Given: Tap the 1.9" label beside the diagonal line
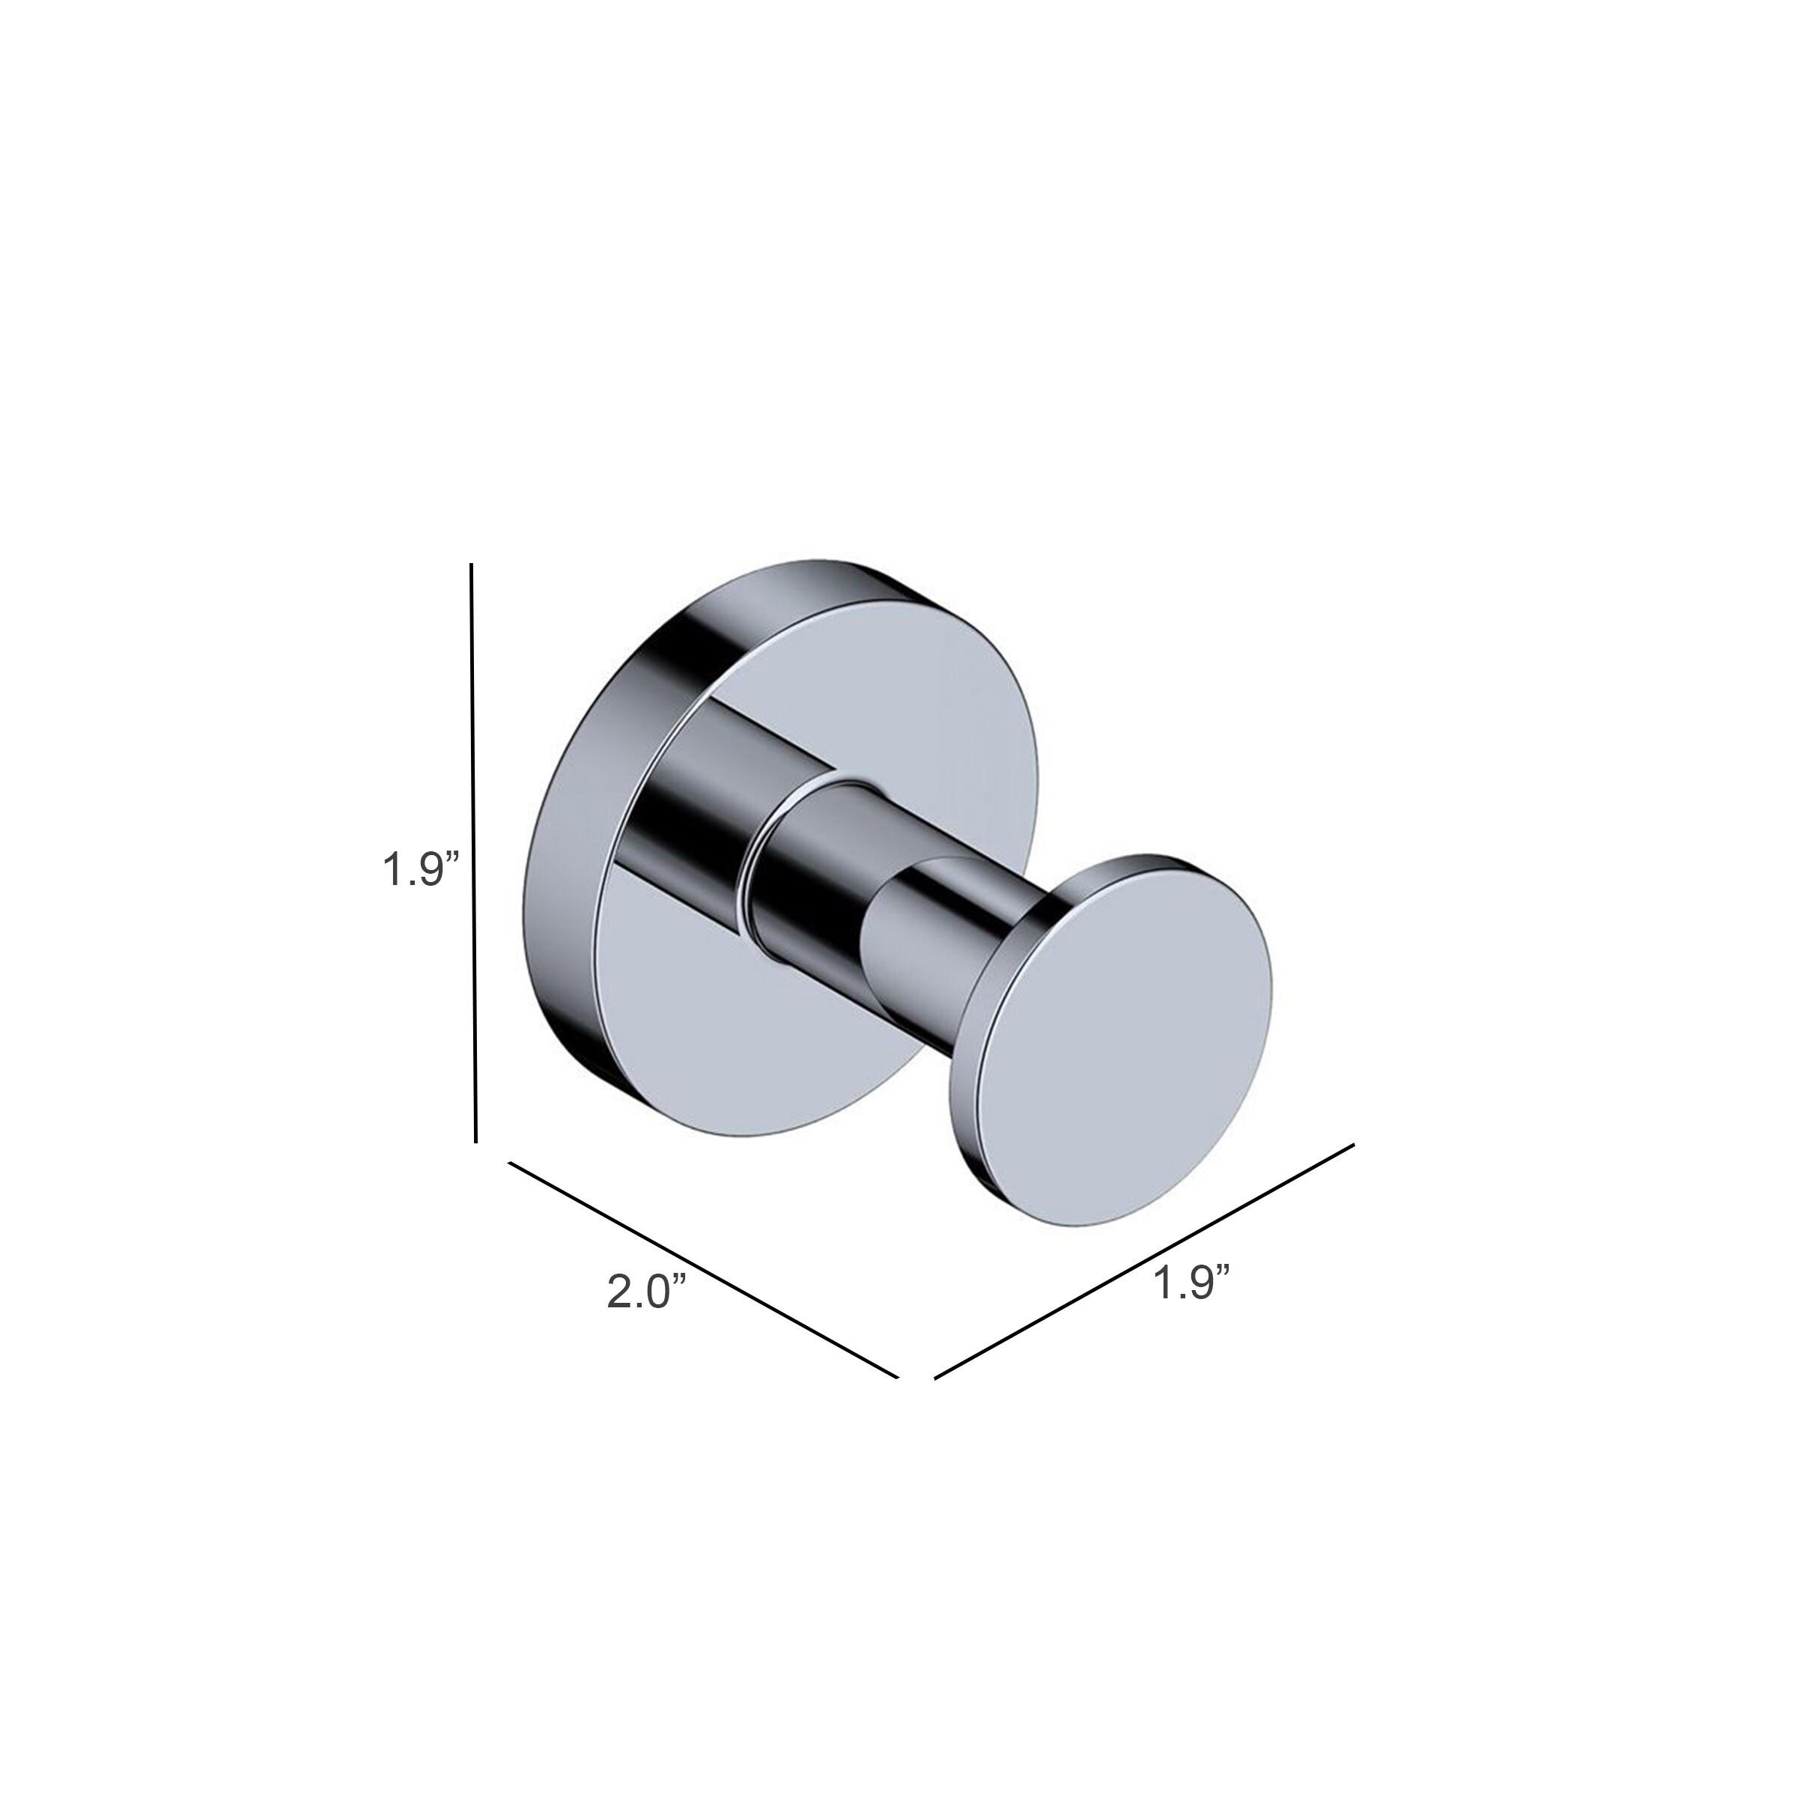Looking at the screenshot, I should click(x=1193, y=1283).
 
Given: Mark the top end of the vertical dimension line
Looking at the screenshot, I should click(x=472, y=565).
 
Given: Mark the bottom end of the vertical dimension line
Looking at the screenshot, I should click(x=475, y=1141).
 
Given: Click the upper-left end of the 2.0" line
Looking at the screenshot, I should click(x=509, y=1163).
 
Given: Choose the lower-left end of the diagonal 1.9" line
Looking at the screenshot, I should click(x=934, y=1378).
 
